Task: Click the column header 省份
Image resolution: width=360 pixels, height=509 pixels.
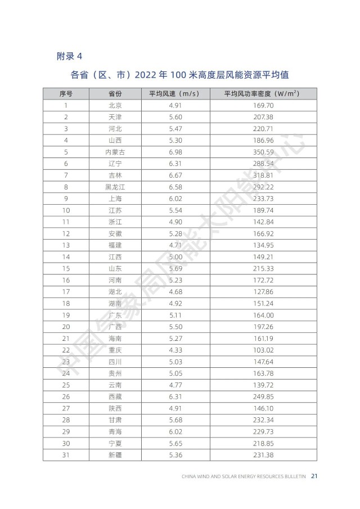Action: click(x=115, y=93)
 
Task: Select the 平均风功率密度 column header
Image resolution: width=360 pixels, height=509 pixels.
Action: click(x=260, y=93)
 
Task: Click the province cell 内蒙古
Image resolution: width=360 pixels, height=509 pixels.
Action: click(x=115, y=152)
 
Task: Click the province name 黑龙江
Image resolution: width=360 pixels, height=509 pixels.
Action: click(x=115, y=187)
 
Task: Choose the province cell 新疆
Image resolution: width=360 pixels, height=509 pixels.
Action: click(x=115, y=454)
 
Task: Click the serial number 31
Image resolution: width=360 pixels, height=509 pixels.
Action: click(x=66, y=454)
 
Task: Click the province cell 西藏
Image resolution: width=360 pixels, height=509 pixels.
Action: click(x=115, y=397)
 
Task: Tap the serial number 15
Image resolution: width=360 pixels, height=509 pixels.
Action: click(x=66, y=268)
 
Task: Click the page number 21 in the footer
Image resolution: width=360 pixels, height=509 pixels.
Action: click(x=315, y=476)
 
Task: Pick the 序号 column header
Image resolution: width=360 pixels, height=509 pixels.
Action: click(x=66, y=93)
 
